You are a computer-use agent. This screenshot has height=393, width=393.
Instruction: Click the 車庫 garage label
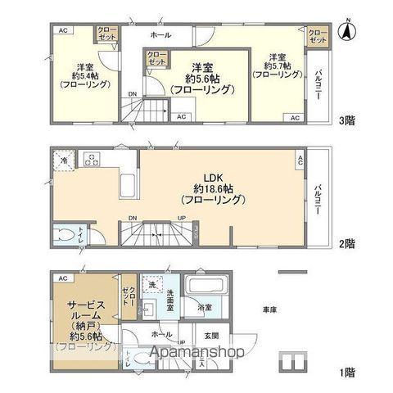click(269, 310)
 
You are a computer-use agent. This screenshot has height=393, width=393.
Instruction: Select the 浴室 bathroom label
click(205, 307)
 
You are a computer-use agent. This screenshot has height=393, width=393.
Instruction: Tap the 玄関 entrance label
click(211, 336)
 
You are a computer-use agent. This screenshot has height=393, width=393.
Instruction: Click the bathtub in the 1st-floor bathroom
click(201, 287)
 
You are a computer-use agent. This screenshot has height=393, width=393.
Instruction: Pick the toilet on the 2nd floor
click(63, 236)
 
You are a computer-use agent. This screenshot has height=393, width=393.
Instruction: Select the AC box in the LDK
click(300, 160)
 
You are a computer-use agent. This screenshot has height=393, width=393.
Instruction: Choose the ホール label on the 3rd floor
click(160, 36)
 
